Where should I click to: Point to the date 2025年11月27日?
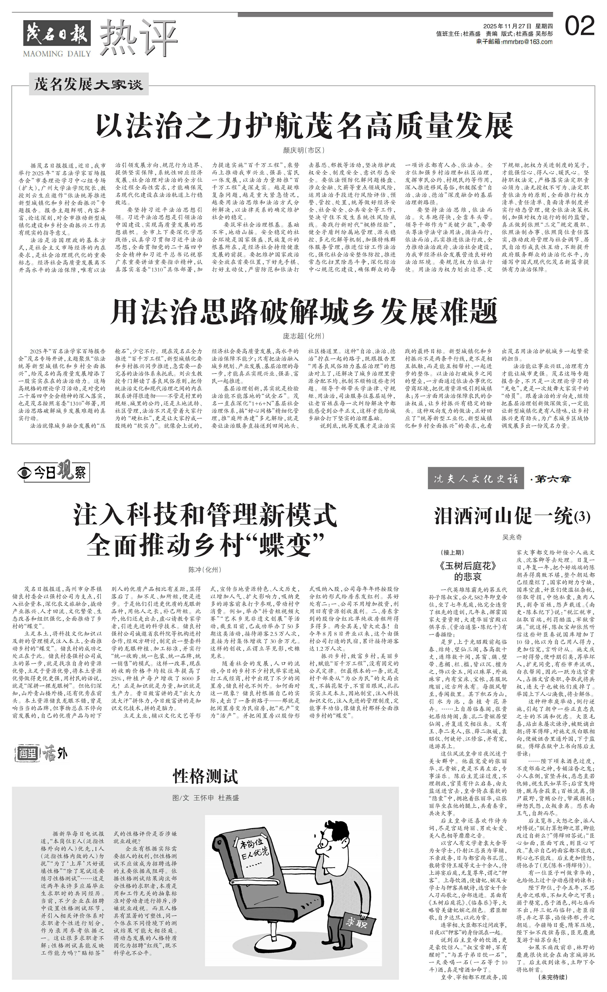point(508,27)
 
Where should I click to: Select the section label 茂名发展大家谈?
point(89,85)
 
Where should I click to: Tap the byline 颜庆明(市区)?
point(303,150)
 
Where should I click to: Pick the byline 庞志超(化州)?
point(303,336)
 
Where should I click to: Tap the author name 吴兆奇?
point(512,537)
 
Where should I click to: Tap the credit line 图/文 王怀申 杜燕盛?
point(205,798)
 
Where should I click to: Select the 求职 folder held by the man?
point(358,920)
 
